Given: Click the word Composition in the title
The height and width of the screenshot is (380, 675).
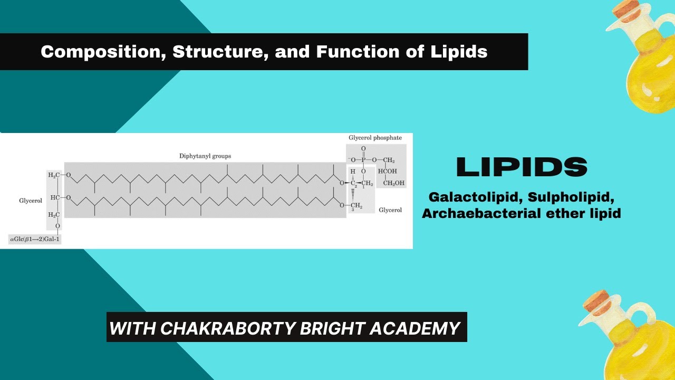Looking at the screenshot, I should pyautogui.click(x=82, y=52).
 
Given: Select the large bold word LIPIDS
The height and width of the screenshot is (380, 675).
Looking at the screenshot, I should pyautogui.click(x=521, y=167).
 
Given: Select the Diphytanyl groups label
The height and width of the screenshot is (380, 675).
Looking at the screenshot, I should pyautogui.click(x=205, y=156).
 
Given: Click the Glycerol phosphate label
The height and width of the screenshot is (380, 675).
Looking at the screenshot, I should pyautogui.click(x=375, y=138).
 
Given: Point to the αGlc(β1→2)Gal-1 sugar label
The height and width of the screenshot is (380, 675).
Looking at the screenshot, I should pyautogui.click(x=35, y=240).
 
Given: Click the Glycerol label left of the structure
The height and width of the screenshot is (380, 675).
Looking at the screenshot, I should pyautogui.click(x=30, y=201).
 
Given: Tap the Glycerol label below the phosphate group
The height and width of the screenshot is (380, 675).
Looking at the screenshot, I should pyautogui.click(x=390, y=210).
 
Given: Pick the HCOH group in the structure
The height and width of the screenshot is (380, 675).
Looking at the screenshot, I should pyautogui.click(x=388, y=172).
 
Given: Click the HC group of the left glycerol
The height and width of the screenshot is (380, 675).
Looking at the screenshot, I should pyautogui.click(x=54, y=197).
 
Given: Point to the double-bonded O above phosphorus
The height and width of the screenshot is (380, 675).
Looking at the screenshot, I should pyautogui.click(x=363, y=149).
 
